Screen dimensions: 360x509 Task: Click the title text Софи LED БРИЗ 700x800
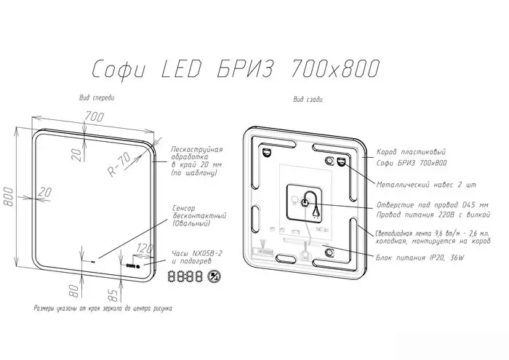pyautogui.click(x=236, y=68)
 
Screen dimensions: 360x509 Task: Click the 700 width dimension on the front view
pyautogui.click(x=93, y=116)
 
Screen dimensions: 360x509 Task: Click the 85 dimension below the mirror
pyautogui.click(x=112, y=296)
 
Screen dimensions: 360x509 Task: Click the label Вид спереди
pyautogui.click(x=97, y=97)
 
